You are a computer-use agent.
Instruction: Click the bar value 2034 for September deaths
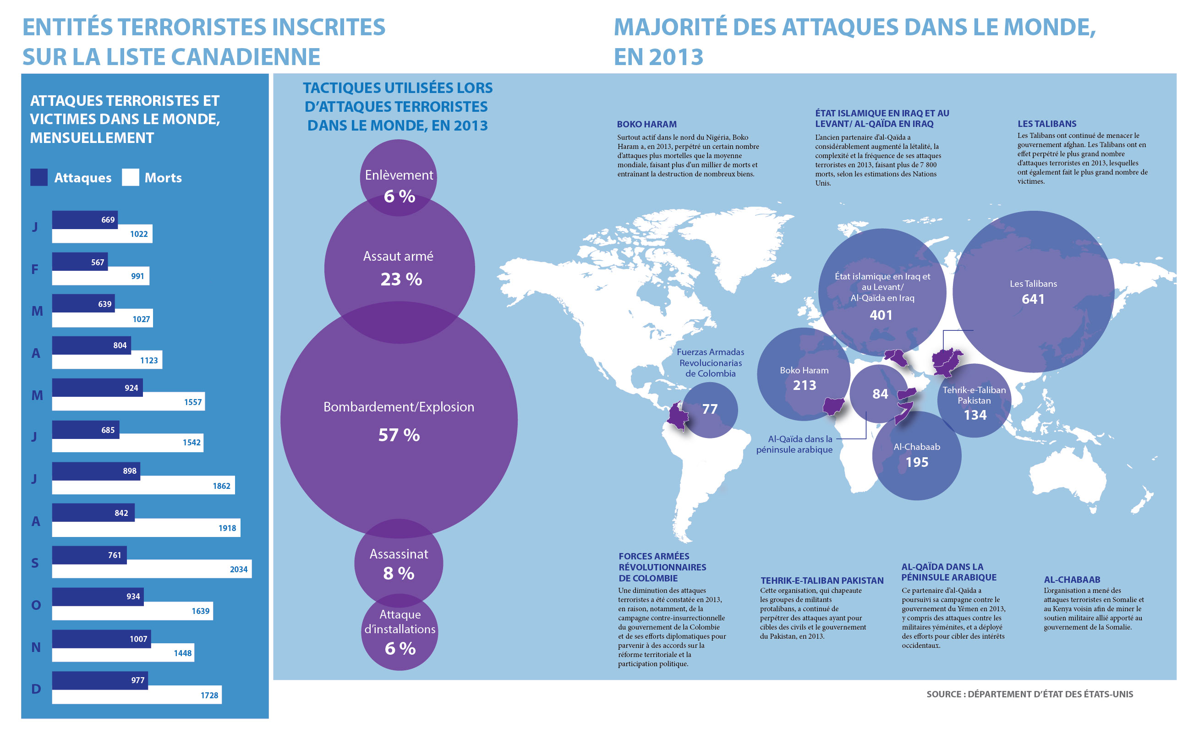click(x=239, y=570)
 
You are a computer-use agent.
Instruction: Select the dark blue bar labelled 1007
click(x=101, y=639)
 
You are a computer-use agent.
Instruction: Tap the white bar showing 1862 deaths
click(x=143, y=486)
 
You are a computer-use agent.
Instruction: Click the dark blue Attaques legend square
click(x=39, y=177)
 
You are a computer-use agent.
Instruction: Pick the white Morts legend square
click(x=130, y=177)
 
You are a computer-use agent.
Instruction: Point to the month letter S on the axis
click(x=35, y=563)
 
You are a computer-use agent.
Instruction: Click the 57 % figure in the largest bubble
click(x=399, y=435)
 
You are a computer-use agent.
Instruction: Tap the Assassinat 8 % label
click(x=399, y=564)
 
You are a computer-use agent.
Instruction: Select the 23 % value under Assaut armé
click(x=401, y=279)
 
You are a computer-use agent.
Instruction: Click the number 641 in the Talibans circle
click(x=1033, y=299)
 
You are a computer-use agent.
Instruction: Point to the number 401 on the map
click(x=881, y=315)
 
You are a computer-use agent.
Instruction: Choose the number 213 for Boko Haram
click(x=805, y=385)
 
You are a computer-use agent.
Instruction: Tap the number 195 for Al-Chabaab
click(x=916, y=462)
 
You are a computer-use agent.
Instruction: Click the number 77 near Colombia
click(x=710, y=409)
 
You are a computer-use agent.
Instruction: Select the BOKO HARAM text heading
click(x=646, y=124)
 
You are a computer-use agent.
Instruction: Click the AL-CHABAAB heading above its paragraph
click(x=1072, y=579)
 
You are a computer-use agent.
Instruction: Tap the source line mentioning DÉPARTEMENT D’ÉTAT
click(x=1029, y=694)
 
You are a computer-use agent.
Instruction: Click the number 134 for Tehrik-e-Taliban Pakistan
click(x=975, y=415)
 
